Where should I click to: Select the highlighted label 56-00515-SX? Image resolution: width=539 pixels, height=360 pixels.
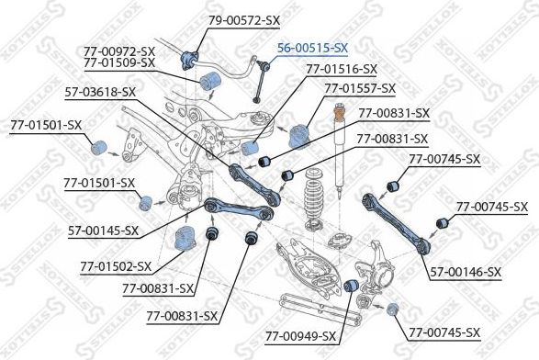pos(313,47)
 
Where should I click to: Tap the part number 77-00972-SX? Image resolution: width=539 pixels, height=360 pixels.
pos(118,51)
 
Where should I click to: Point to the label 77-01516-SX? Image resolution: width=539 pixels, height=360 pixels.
pos(341,69)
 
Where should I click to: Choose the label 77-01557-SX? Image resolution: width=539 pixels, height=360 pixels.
pos(359,88)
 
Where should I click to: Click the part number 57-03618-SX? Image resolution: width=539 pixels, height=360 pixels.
pos(100,92)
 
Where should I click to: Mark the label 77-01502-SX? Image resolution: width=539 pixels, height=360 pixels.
pos(116,267)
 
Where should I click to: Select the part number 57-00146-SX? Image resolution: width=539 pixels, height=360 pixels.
pos(467,272)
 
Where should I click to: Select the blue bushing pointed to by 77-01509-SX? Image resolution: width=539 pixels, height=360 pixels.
pos(210,79)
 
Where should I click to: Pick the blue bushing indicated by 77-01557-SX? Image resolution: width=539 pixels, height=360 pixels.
pos(298,136)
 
